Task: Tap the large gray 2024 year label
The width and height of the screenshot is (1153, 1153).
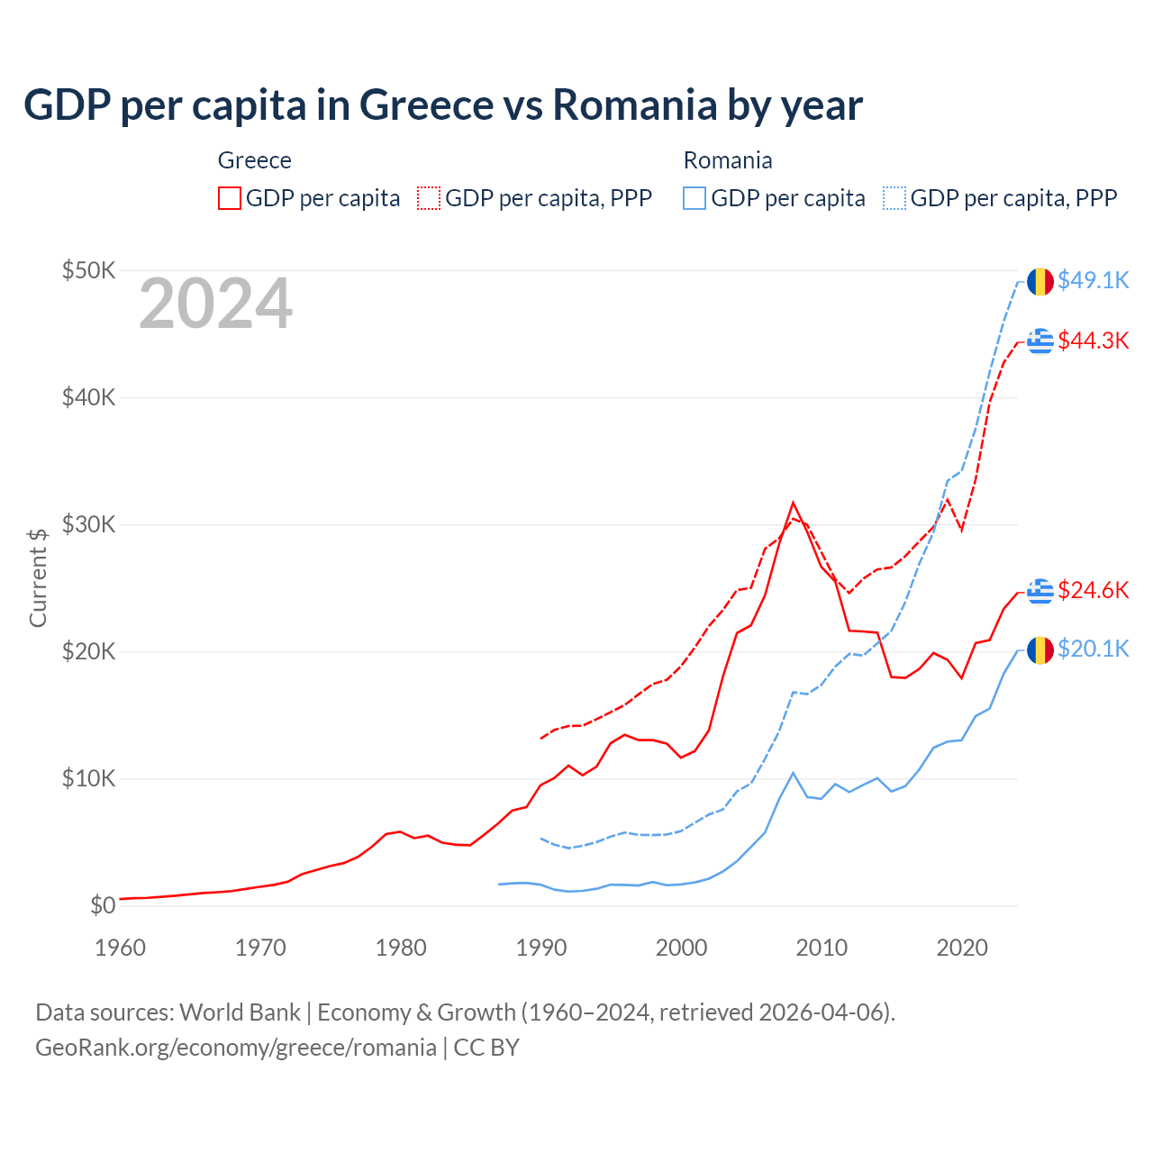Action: click(215, 304)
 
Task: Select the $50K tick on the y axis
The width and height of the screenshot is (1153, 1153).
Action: click(88, 270)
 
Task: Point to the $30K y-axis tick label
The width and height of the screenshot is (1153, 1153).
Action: click(88, 524)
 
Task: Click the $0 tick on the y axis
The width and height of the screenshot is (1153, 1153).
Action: click(103, 905)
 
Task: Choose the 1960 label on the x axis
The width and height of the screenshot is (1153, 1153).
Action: click(120, 948)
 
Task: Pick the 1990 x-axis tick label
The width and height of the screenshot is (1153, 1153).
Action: click(541, 948)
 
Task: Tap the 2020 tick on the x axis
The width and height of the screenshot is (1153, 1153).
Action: click(962, 948)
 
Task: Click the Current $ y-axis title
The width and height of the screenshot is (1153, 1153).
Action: click(38, 577)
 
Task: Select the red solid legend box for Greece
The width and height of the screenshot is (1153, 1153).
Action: click(230, 198)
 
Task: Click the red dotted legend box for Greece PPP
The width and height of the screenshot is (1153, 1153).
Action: click(429, 198)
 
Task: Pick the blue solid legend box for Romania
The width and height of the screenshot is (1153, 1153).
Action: click(695, 198)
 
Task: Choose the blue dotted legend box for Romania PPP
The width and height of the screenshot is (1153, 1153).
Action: click(894, 198)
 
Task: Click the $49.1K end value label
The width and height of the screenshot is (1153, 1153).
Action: click(1093, 280)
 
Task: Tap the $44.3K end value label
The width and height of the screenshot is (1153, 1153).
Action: click(1093, 340)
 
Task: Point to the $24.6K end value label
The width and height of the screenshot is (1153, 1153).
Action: click(1093, 590)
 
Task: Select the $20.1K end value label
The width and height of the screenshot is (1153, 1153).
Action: click(1093, 649)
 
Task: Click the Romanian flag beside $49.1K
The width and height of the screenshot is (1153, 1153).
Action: click(1040, 281)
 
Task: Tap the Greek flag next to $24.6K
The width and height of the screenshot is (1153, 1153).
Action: click(1040, 591)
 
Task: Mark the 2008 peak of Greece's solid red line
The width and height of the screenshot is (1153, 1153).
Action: click(793, 503)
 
